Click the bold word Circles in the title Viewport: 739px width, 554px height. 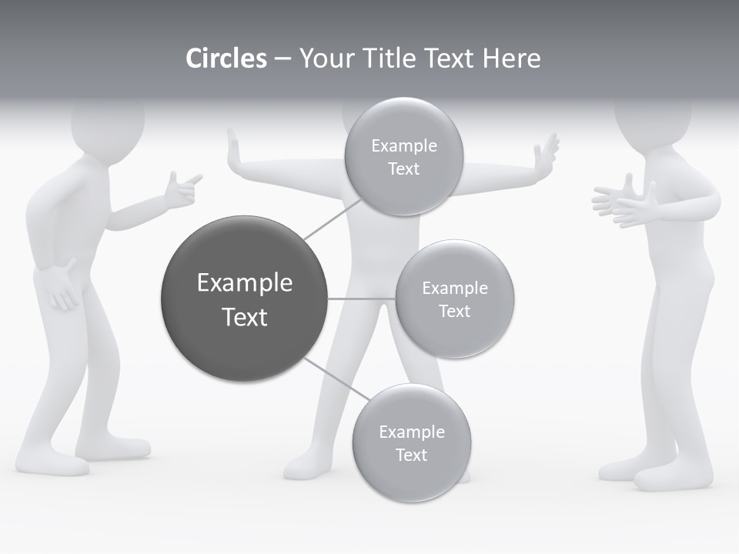(x=226, y=58)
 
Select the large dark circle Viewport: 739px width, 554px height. (x=243, y=299)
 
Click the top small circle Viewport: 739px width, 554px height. (x=403, y=157)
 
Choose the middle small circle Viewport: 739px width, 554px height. (x=454, y=299)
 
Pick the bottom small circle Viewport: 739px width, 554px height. (x=411, y=442)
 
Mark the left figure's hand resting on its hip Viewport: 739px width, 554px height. (x=60, y=285)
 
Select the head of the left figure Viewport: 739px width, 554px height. (x=108, y=123)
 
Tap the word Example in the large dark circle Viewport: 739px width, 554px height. (x=244, y=283)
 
